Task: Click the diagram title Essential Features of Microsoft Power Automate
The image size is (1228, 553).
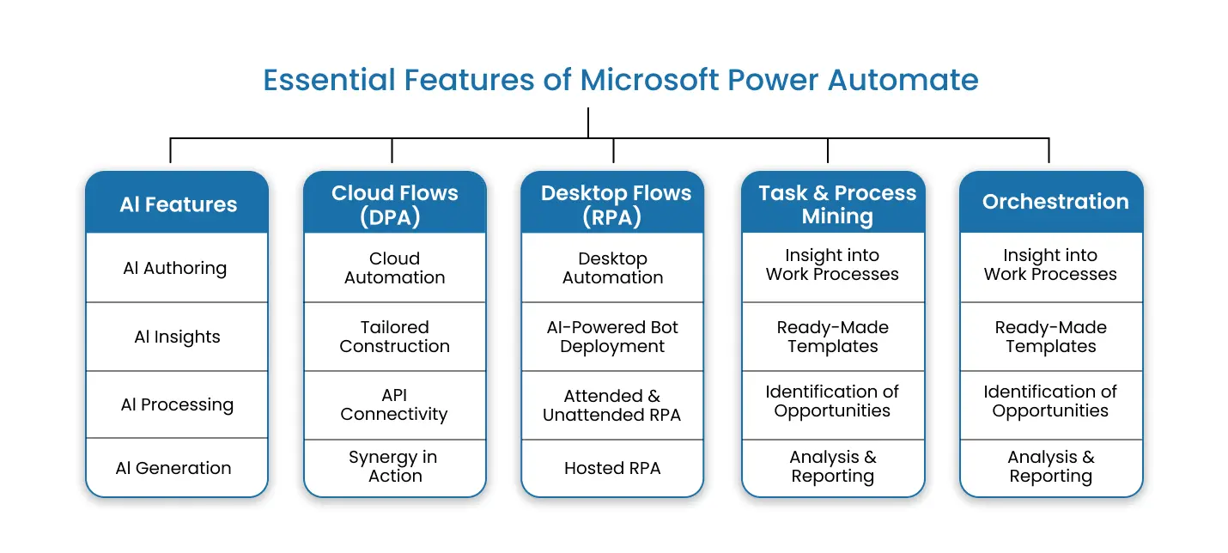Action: click(x=620, y=80)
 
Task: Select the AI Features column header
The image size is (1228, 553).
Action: click(x=178, y=204)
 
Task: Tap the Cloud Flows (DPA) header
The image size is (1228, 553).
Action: click(x=395, y=204)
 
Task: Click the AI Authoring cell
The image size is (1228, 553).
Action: click(x=175, y=268)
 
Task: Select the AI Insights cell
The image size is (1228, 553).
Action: click(x=177, y=337)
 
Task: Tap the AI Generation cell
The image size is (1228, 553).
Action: click(x=173, y=468)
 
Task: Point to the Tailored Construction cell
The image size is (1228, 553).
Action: click(x=395, y=337)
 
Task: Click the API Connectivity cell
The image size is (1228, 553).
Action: click(x=394, y=404)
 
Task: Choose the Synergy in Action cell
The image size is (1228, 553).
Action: click(x=394, y=466)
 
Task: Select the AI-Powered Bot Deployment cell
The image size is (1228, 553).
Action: click(x=612, y=337)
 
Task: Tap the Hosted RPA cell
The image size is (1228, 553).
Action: click(x=612, y=468)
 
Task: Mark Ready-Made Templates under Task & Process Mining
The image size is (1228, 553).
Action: click(x=832, y=337)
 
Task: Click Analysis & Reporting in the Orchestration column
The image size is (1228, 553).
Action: click(x=1050, y=466)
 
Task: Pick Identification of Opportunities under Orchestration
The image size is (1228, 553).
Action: click(x=1050, y=401)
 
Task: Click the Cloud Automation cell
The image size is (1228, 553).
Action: click(x=395, y=268)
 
